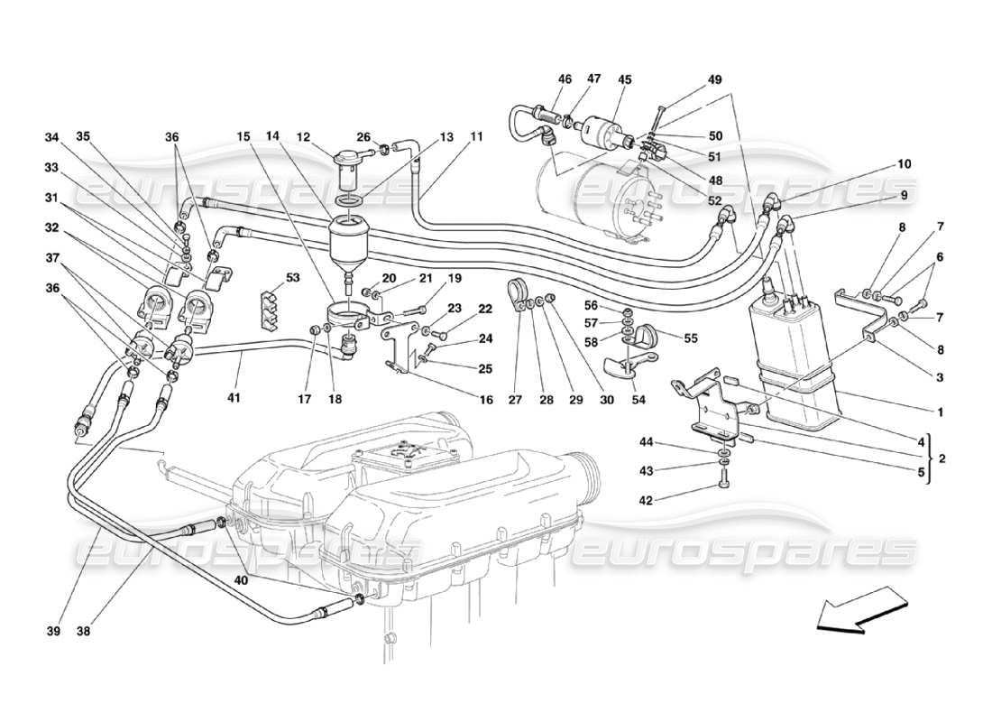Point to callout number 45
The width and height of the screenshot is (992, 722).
pos(624,79)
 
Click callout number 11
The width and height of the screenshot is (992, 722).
pos(476,137)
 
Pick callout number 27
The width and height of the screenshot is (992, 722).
pos(517,398)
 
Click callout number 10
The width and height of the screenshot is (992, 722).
pos(904,164)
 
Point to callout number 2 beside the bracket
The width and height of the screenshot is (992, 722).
pos(941,458)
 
